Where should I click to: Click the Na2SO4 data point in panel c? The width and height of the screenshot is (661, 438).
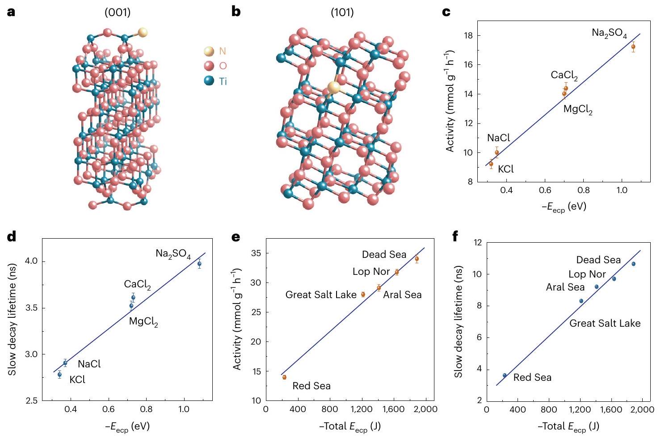tap(633, 46)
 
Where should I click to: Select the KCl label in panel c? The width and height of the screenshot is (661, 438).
tap(506, 169)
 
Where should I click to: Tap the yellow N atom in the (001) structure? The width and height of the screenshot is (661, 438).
tap(143, 32)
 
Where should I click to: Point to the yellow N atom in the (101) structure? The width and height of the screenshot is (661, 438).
tap(333, 88)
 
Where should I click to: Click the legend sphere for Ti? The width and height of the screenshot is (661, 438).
tap(209, 81)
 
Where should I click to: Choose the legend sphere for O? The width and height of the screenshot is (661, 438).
tap(209, 66)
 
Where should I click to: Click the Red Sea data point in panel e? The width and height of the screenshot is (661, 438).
tap(284, 377)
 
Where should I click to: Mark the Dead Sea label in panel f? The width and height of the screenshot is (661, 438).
tap(598, 260)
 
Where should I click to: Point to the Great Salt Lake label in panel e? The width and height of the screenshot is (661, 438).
tap(321, 295)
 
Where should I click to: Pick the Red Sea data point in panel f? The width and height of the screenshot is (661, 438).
tap(505, 375)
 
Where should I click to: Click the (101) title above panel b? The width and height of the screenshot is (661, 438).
tap(342, 13)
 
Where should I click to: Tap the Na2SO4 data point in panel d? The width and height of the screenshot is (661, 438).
tap(199, 264)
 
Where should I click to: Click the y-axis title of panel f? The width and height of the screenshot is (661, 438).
tap(458, 322)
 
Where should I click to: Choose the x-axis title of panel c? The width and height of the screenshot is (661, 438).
tap(564, 206)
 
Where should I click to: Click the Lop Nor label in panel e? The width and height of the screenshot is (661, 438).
tap(371, 271)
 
